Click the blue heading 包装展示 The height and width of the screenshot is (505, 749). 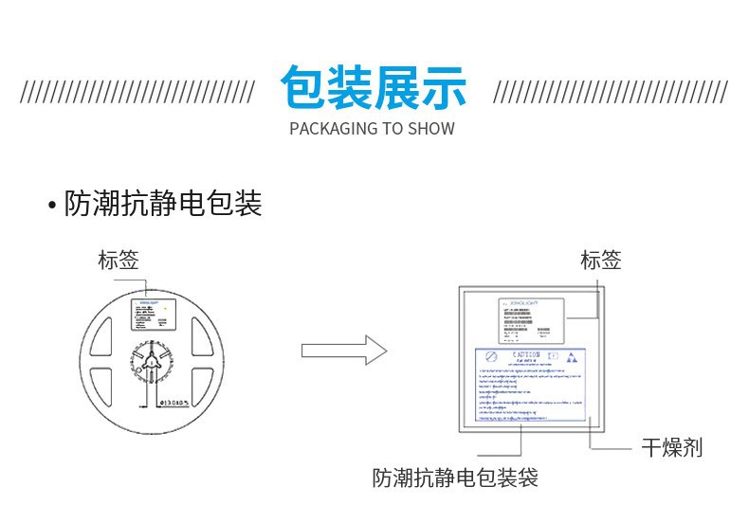click(x=374, y=88)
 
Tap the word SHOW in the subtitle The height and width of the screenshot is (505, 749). click(x=431, y=129)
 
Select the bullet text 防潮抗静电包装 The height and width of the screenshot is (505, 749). click(x=162, y=205)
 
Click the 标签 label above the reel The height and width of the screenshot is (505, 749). click(x=119, y=260)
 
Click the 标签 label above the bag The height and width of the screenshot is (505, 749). click(x=600, y=260)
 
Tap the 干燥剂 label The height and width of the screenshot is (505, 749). click(x=671, y=446)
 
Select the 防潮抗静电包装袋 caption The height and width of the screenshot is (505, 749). click(x=455, y=478)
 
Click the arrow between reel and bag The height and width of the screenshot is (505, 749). click(x=344, y=351)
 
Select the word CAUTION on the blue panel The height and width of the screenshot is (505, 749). click(x=526, y=355)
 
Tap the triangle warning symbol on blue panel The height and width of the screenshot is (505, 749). click(x=571, y=360)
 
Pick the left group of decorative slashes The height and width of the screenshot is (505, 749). click(x=137, y=93)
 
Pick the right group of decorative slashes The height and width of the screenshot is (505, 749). click(x=610, y=93)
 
